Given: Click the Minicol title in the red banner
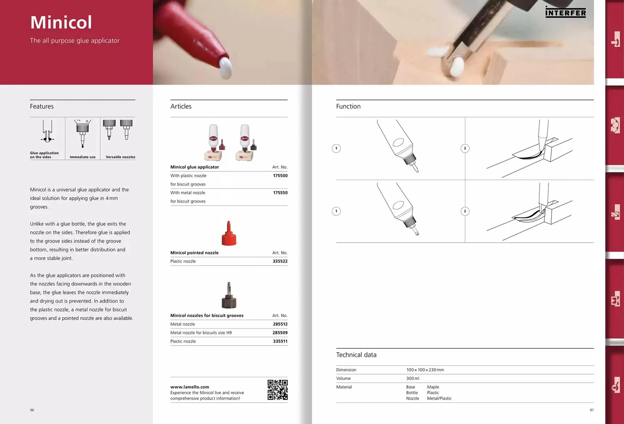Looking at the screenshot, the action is [x=61, y=22].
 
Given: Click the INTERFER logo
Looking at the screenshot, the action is [x=565, y=12].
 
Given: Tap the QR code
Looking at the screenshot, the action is [x=278, y=390].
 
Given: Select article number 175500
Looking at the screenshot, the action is [x=280, y=176].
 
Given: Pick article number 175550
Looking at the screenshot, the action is [x=280, y=193].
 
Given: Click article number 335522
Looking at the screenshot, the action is [x=280, y=261].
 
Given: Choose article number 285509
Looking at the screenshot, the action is [x=280, y=333].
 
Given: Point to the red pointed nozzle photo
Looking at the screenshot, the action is [x=229, y=233].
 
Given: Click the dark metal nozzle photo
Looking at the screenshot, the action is [x=229, y=295].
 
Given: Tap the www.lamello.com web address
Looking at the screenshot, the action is [x=190, y=387].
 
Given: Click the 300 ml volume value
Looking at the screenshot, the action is [x=413, y=378].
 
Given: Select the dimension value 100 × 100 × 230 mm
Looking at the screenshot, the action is [x=425, y=370].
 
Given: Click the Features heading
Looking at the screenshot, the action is [x=42, y=106].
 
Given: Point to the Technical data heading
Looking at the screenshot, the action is [x=356, y=355].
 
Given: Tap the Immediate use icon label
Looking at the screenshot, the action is [x=83, y=157].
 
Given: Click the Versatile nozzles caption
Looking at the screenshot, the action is [x=121, y=157].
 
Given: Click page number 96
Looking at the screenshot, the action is [x=32, y=410].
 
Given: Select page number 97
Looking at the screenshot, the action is [x=592, y=410].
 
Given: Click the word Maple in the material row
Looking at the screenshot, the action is [x=433, y=387].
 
